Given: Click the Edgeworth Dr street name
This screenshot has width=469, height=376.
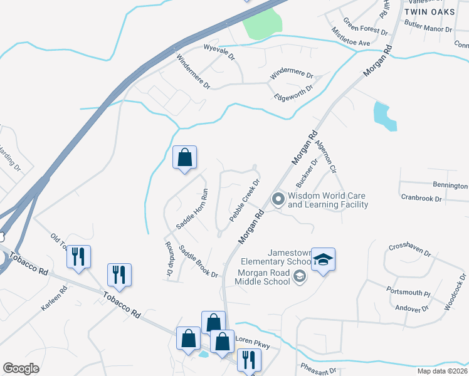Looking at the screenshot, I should coord(293,93).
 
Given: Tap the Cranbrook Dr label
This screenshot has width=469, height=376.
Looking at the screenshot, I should coord(421,198).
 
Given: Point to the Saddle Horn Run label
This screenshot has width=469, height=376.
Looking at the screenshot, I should coord(192,208).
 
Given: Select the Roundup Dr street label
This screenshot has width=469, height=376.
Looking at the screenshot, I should coord(169,259).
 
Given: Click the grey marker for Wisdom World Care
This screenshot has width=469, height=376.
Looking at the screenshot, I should coord(278,200).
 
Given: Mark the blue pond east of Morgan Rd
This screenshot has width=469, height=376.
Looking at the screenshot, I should coord(383,116).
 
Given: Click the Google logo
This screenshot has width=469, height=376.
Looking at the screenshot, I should coord(21,368).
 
